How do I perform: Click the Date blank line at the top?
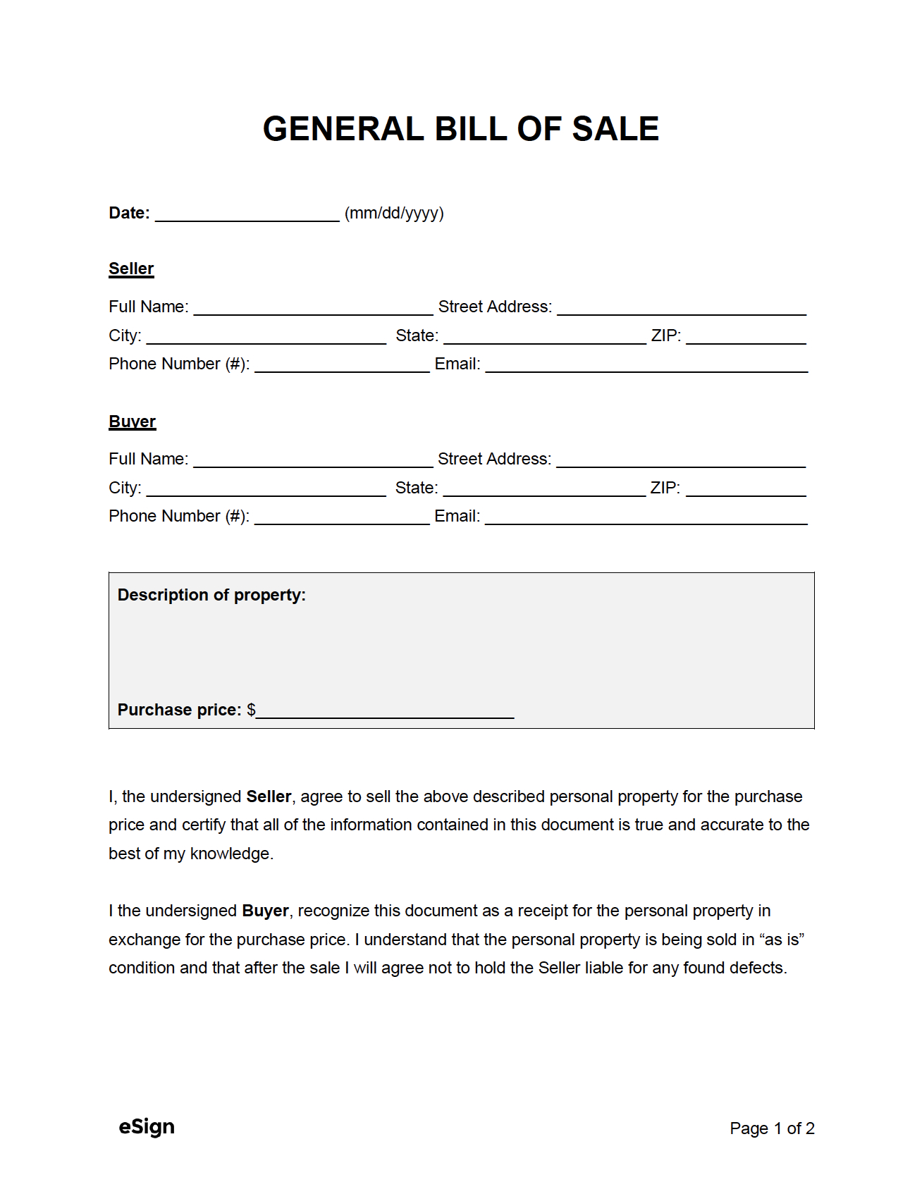247,216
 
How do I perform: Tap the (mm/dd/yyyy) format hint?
394,213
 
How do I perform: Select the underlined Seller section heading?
131,269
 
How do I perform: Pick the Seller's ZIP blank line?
746,338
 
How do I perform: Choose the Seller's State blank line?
544,338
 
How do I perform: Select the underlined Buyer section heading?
132,421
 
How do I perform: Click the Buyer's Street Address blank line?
680,462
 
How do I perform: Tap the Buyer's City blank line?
266,491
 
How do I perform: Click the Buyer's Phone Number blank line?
342,519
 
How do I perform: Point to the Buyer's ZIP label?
665,488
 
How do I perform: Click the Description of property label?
211,595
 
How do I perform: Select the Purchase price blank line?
385,713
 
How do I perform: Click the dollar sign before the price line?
251,710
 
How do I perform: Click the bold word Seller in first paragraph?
269,796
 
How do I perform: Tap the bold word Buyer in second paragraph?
265,911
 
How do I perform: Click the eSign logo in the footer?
147,1127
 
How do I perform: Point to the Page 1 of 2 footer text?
772,1128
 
